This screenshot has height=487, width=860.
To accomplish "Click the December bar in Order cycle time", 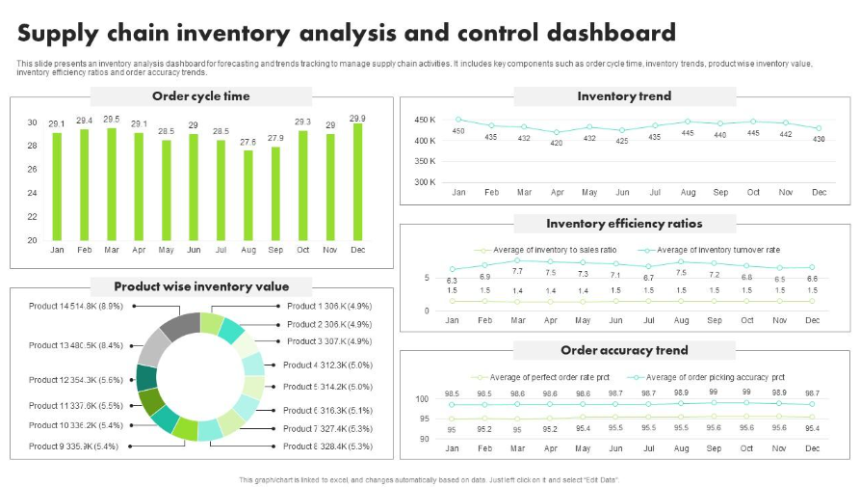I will [x=357, y=182].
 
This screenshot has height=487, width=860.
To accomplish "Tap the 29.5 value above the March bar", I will [x=112, y=120].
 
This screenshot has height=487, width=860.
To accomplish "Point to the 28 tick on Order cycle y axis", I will [x=32, y=146].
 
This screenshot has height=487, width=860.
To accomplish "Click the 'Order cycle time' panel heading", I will [x=200, y=96].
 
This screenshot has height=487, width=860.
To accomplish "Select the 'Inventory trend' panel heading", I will [x=624, y=96].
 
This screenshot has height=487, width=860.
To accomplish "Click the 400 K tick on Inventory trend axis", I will [x=425, y=141].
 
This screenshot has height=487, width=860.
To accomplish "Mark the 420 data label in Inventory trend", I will [x=557, y=144].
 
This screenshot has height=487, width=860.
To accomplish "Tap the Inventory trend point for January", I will [x=458, y=120].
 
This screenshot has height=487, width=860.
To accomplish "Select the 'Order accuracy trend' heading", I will [x=624, y=350].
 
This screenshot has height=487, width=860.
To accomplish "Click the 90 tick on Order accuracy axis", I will [x=423, y=439].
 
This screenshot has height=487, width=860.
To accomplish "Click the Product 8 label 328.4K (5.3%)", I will [x=328, y=446].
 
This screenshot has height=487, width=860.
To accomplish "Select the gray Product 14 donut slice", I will [x=180, y=326].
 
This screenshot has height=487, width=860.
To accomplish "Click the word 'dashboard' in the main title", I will [x=597, y=34].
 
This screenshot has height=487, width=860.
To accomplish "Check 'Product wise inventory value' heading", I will [x=200, y=286].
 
